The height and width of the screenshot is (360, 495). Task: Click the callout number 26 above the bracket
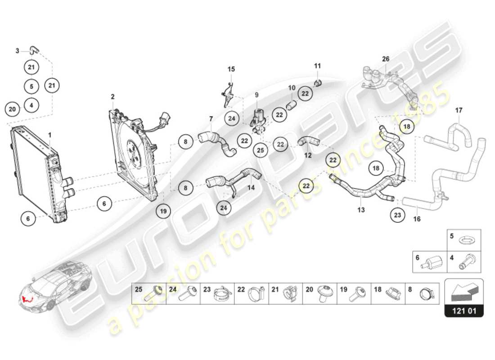click(x=386, y=59)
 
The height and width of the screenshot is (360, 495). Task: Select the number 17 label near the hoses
click(x=459, y=110)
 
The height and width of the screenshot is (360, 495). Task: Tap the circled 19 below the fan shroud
click(x=164, y=210)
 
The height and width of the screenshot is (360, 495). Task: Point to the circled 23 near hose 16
click(x=397, y=215)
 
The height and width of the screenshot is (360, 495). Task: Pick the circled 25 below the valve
click(x=260, y=151)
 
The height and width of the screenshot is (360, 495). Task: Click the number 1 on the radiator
click(x=50, y=135)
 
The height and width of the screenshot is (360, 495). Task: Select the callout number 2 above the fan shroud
click(x=113, y=97)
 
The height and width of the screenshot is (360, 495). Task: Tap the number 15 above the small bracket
click(x=231, y=69)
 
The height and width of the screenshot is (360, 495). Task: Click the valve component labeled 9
click(x=258, y=119)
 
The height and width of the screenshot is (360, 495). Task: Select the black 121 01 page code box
click(x=464, y=310)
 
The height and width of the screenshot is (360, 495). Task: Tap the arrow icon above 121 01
click(x=464, y=291)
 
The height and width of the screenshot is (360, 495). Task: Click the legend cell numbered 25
click(x=149, y=294)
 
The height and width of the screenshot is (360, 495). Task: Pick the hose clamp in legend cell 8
click(x=426, y=295)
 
